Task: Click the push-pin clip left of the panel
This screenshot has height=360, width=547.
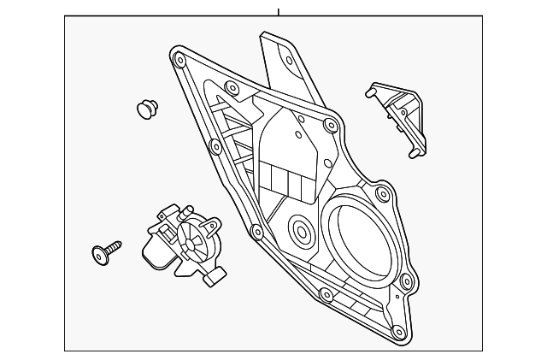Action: (x=147, y=108)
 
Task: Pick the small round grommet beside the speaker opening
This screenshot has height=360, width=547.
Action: (x=300, y=230)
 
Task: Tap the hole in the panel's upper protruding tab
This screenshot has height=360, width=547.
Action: (x=288, y=60)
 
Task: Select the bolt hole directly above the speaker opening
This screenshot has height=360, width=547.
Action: (x=331, y=127)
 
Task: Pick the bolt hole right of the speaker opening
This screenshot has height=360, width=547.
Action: (x=406, y=281)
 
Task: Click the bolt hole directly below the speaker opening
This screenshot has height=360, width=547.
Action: (x=324, y=296)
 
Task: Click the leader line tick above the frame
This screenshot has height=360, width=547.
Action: (x=279, y=11)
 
